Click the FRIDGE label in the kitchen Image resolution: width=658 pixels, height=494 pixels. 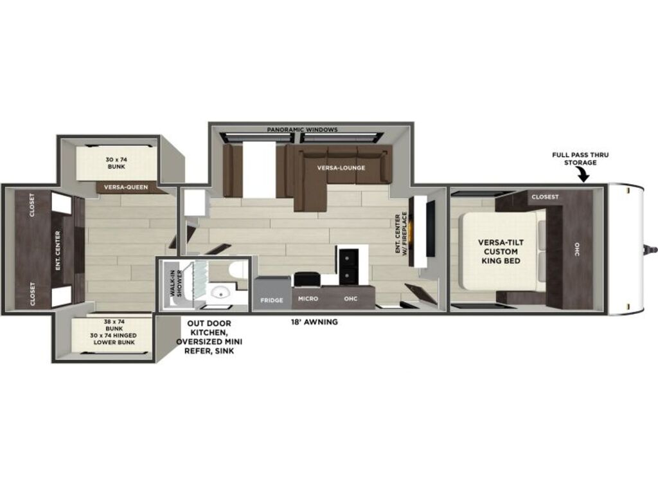point(272,300)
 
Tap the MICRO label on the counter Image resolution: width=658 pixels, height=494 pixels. point(308,298)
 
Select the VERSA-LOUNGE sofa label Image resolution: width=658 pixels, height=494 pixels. point(341,168)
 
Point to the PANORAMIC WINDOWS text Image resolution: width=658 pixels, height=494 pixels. point(302,129)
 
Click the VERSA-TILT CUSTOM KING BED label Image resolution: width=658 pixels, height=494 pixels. point(501,252)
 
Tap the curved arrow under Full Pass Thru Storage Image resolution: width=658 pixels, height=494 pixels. point(582,174)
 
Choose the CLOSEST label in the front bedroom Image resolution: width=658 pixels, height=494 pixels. point(545,197)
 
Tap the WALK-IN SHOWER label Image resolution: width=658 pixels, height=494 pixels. point(177,284)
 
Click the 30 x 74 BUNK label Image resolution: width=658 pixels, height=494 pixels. point(116,163)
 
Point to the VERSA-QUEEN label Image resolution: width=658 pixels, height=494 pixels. point(126,187)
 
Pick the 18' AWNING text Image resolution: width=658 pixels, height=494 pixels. point(314,322)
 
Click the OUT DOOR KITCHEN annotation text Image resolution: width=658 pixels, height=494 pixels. point(209,337)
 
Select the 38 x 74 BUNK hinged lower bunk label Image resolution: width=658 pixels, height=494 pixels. point(114,332)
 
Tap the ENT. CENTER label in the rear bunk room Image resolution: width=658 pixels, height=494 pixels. point(58,251)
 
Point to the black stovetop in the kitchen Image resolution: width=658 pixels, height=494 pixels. point(348,266)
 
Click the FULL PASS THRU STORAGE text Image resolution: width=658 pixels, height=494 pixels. point(580,159)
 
